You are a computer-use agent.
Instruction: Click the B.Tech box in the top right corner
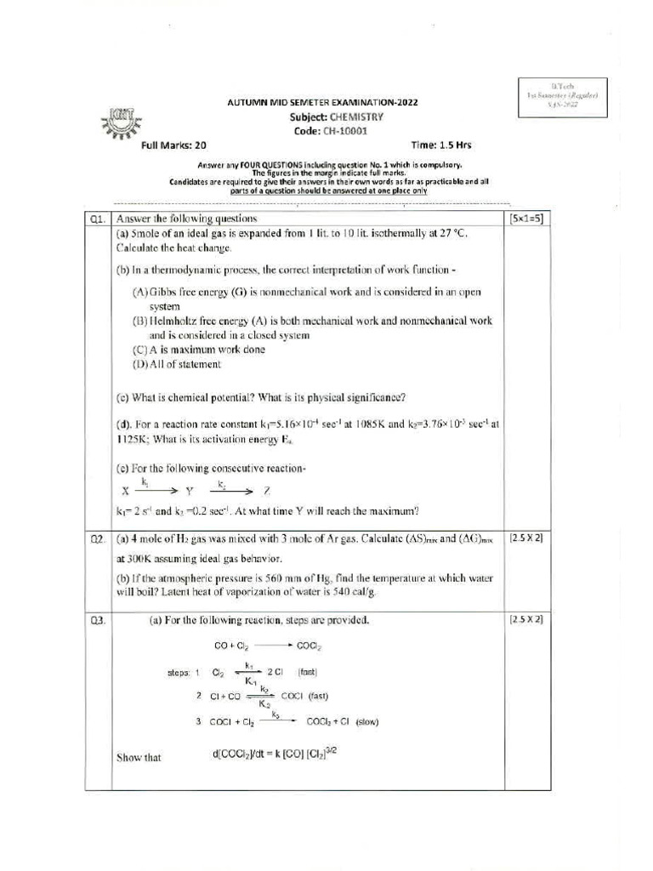tap(562, 95)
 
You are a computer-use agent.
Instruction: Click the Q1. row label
tap(98, 219)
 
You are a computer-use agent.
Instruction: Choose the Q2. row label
tap(98, 538)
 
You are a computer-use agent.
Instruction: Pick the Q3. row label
tap(98, 620)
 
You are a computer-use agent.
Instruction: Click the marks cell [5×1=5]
tap(526, 219)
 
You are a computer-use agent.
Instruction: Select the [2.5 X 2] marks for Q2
tap(526, 538)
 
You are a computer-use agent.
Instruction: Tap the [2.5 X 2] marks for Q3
tap(526, 620)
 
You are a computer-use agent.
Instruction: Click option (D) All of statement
tap(176, 364)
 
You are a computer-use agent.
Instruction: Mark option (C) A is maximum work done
tap(198, 350)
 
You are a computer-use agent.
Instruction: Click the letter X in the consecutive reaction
tap(125, 491)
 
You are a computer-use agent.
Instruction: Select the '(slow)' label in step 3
tap(367, 722)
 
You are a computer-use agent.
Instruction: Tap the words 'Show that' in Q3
tap(139, 757)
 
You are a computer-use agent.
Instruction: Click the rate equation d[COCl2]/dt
tap(280, 754)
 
